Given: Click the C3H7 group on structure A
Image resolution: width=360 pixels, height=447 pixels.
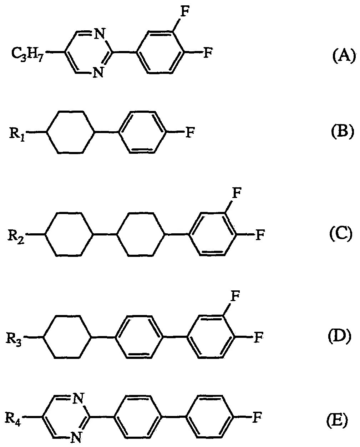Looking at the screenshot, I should pos(27,54).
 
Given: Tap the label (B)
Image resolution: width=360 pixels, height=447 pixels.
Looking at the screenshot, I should pos(341,132).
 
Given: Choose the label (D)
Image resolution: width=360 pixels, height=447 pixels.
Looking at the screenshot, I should pos(340,336).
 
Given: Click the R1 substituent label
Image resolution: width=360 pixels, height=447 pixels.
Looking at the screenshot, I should pos(18,134).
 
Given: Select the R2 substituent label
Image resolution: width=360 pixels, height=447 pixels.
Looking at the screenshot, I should pos(16,236).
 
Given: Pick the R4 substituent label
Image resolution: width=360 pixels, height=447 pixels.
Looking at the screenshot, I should pos(13,417).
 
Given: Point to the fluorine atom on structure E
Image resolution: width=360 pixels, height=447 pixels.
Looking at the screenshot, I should pos(256,417).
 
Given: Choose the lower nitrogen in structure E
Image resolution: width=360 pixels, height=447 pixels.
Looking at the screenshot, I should pos(75,436).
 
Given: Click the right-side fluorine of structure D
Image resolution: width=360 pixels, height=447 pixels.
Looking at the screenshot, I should pos(258,337).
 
